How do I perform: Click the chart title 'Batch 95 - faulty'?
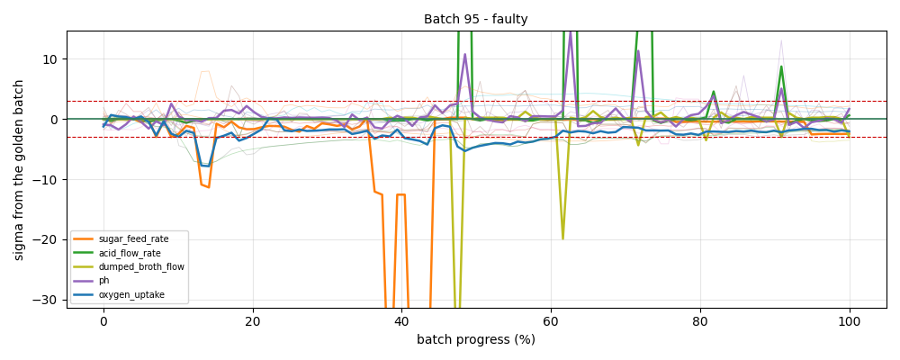[476, 19]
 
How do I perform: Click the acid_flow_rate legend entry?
[121, 253]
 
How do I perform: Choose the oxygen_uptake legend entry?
[122, 296]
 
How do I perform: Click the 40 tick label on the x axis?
[401, 321]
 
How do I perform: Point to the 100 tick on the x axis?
[850, 321]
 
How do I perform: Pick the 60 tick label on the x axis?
[551, 321]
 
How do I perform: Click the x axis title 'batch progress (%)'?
[476, 339]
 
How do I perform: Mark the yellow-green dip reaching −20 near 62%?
[562, 238]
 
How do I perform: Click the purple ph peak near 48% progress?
[465, 54]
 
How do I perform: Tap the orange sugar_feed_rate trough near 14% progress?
[209, 187]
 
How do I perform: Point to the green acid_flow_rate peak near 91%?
[782, 67]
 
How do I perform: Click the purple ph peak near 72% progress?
[638, 51]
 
